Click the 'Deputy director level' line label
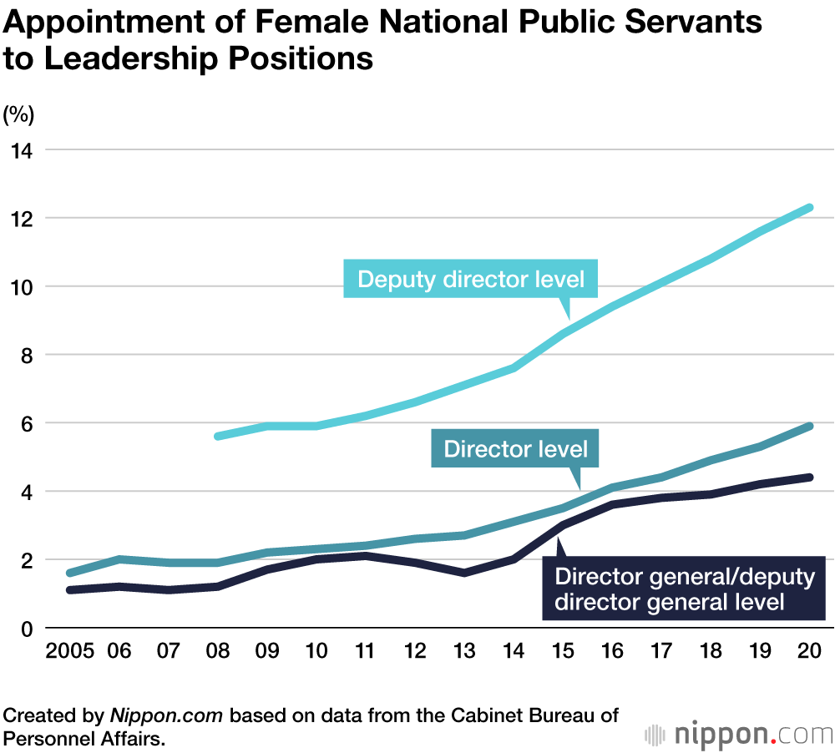pos(471,279)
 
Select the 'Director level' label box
pos(515,449)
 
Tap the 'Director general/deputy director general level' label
pos(683,589)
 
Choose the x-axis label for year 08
pos(217,652)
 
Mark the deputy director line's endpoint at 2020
pos(809,207)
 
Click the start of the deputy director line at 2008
pos(217,436)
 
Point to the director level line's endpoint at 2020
pos(809,426)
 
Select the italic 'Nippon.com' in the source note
pos(167,716)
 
